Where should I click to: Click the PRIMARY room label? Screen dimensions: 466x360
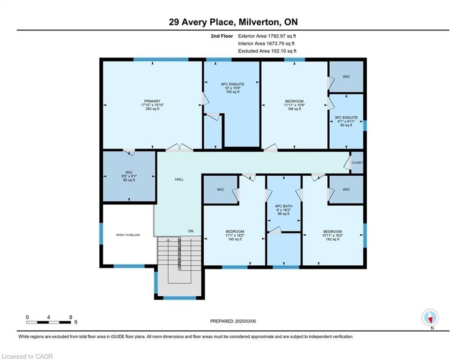coord(153,101)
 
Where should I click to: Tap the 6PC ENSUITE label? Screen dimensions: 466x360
coord(233,84)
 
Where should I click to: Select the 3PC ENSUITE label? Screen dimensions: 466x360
coord(346,118)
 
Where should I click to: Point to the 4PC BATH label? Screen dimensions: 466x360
coord(283,206)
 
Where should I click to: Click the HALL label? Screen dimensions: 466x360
coord(179,180)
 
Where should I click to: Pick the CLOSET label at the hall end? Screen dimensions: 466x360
coord(357,163)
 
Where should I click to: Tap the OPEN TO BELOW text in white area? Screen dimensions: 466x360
coord(128,235)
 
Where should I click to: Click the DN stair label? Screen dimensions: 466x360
coord(191,231)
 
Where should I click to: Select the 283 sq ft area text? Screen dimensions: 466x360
coord(153,109)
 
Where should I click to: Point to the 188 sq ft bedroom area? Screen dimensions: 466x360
coord(294,109)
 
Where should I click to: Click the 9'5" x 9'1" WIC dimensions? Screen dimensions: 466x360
coord(129,176)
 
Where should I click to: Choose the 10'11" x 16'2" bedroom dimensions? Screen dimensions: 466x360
coord(333,235)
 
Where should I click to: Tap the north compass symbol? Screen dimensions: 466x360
coord(430,318)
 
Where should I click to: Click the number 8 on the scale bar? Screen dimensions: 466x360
coord(71,317)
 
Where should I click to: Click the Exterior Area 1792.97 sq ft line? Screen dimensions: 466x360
coord(267,36)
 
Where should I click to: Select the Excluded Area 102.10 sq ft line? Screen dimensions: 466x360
coord(267,51)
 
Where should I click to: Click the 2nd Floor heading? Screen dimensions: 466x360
coord(222,36)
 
